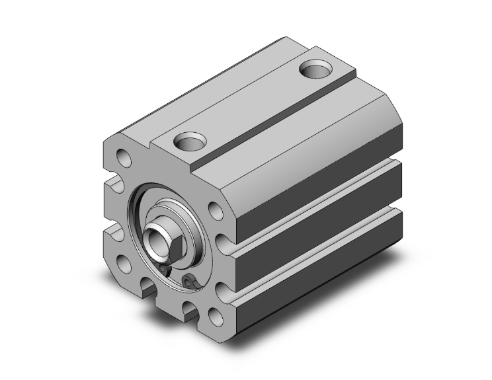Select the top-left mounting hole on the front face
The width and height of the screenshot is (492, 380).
124,157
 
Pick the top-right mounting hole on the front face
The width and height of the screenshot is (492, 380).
216,211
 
